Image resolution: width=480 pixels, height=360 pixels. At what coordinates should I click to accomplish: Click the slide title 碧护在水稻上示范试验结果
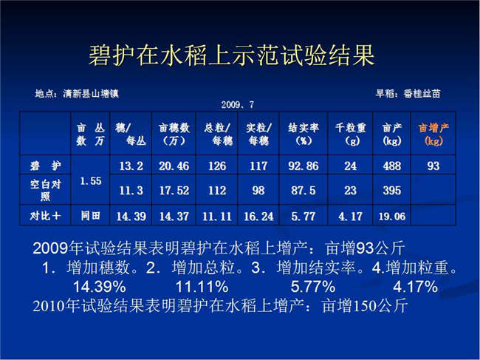coord(232,55)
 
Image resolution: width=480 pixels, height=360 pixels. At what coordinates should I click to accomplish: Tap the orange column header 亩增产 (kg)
coord(433,134)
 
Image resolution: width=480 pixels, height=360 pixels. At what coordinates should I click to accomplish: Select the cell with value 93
coord(433,166)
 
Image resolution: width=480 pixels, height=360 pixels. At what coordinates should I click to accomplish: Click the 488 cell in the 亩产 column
coord(392,166)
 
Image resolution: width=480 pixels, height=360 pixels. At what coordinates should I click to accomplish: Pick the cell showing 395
coord(392,190)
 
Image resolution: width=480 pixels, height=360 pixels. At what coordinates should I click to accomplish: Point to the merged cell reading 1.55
coord(91,181)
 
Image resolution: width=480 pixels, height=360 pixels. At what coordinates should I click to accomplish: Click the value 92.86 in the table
coord(303,166)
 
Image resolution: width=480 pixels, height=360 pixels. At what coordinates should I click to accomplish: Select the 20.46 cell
coord(174,166)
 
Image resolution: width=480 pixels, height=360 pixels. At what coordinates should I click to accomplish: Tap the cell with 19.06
coord(392,217)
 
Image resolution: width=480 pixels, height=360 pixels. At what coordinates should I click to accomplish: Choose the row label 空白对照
coord(45,190)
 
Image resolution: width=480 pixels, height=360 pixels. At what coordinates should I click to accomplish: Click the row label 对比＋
coord(45,216)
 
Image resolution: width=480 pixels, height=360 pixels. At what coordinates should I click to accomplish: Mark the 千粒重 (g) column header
coord(351,134)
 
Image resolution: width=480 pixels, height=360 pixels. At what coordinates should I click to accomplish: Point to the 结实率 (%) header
coord(304,134)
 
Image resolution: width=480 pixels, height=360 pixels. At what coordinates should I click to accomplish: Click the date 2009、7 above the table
coord(238,105)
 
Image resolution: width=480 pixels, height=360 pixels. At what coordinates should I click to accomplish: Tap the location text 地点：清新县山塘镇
coord(77,93)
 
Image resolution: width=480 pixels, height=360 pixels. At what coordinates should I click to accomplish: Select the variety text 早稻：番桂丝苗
coord(408,93)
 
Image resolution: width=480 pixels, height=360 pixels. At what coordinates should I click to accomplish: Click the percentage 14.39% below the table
coord(100,287)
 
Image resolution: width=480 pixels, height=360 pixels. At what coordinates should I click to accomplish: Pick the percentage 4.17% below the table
coord(415,287)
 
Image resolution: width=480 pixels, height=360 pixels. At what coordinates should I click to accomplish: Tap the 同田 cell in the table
coord(90,216)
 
